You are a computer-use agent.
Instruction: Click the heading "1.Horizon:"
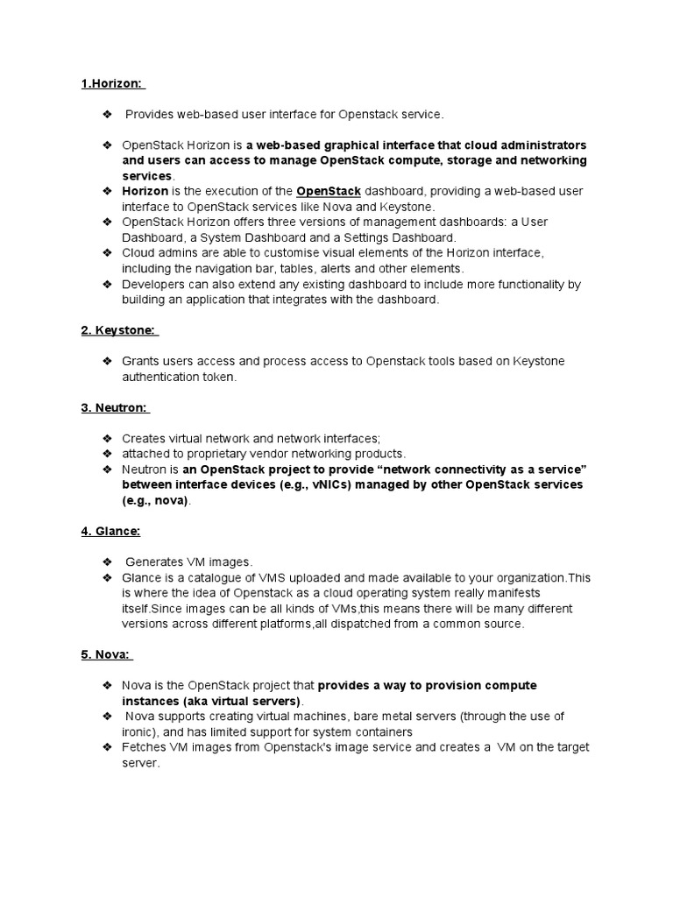coord(112,83)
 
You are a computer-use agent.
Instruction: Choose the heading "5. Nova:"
coord(107,654)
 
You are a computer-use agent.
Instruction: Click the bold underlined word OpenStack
coord(329,191)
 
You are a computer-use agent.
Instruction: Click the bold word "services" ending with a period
coord(146,176)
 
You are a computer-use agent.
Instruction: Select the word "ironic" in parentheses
coord(139,731)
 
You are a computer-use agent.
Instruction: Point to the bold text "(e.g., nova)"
coord(155,500)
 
